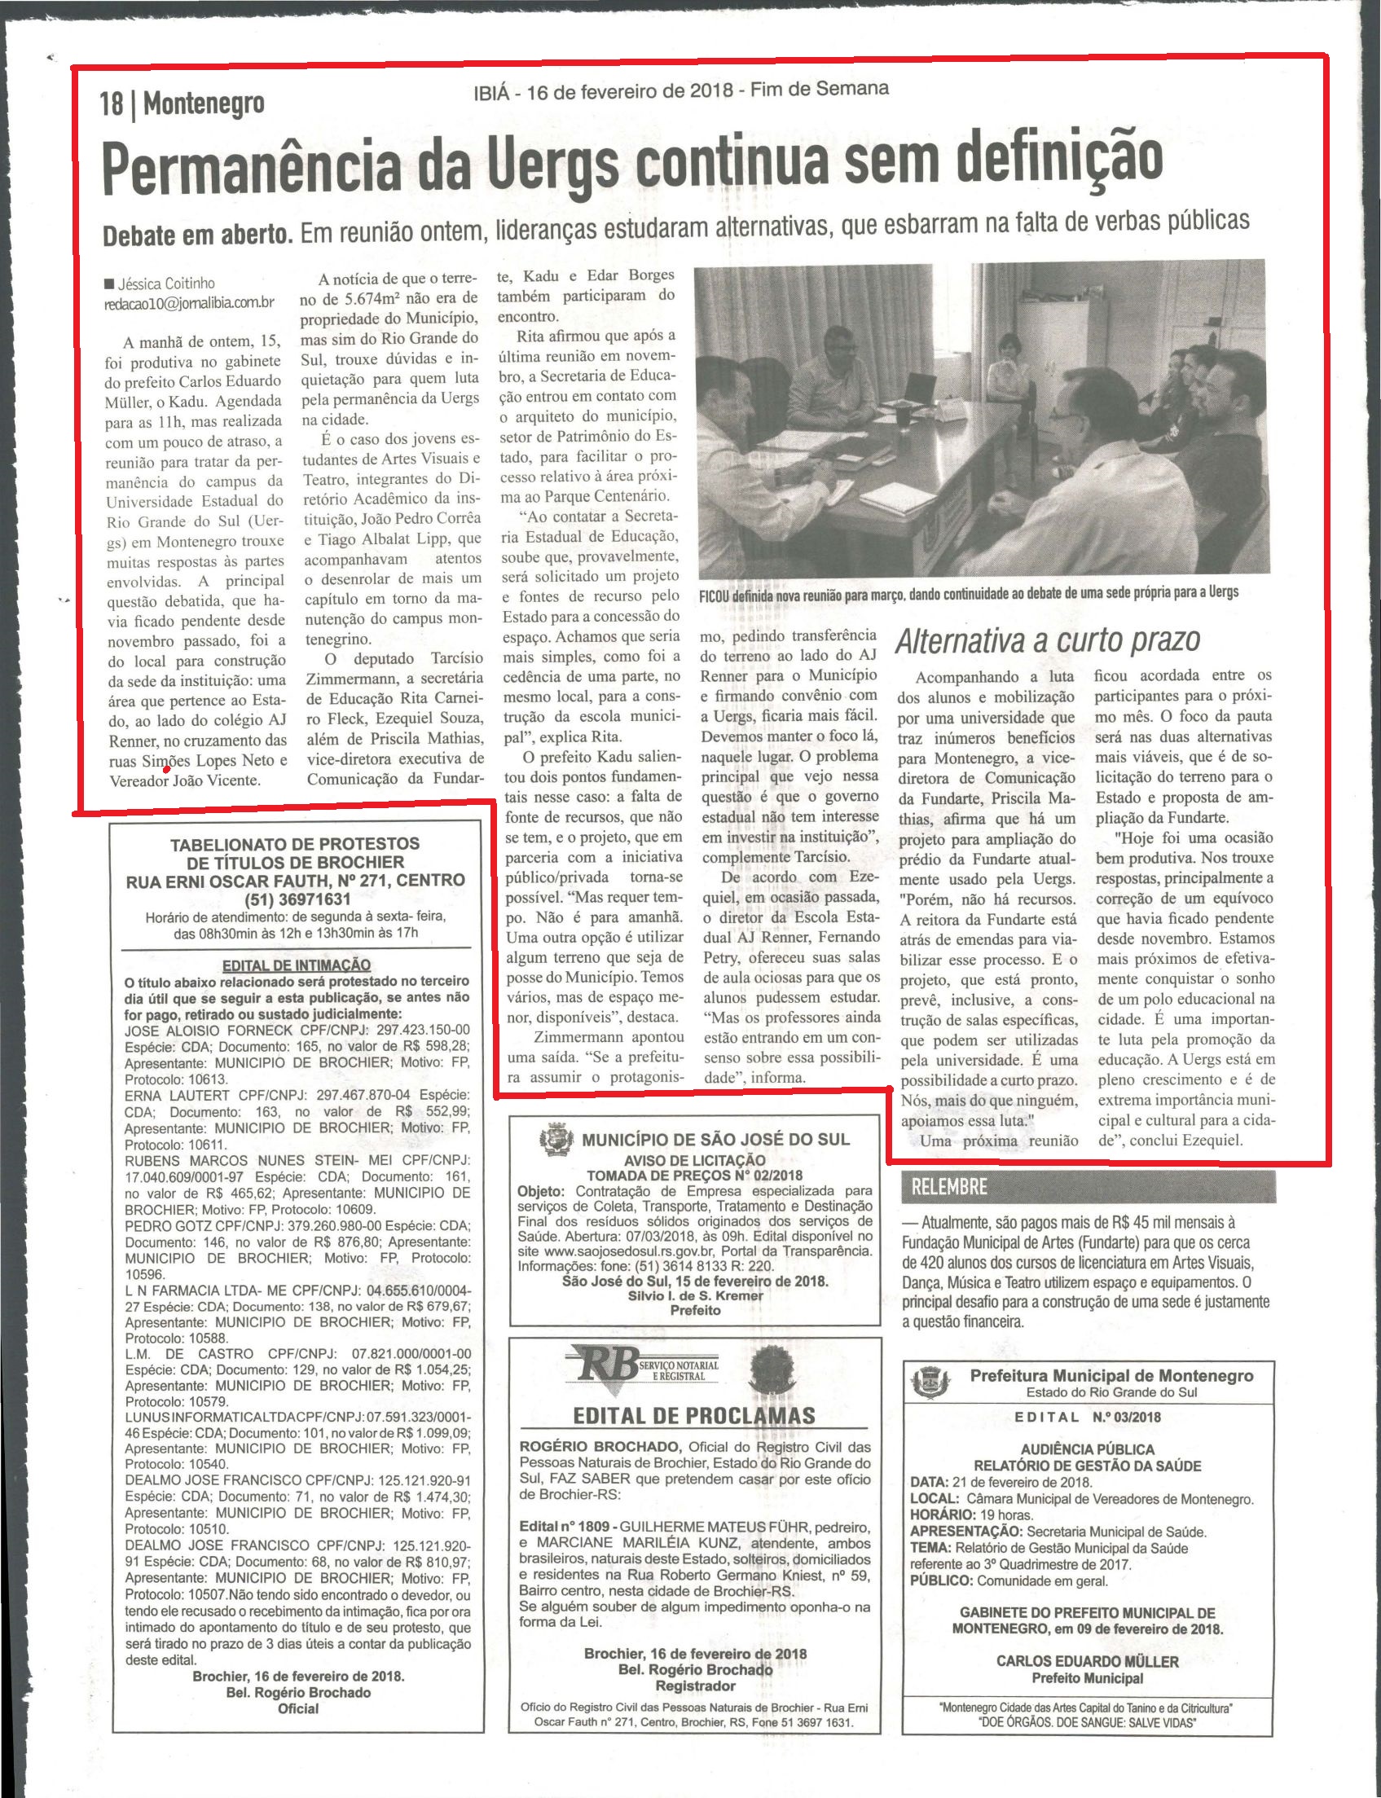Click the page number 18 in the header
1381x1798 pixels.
click(x=111, y=104)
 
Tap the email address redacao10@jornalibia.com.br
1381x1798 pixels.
click(x=188, y=302)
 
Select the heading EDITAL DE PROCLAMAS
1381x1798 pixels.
click(x=694, y=1415)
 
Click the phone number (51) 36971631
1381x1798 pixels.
click(x=294, y=898)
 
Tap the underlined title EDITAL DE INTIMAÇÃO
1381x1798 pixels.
click(x=296, y=965)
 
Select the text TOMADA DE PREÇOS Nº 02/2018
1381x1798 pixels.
click(x=695, y=1176)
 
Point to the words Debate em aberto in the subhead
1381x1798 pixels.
click(x=197, y=235)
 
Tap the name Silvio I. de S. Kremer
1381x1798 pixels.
click(x=695, y=1295)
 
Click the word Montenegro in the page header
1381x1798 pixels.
click(x=204, y=104)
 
